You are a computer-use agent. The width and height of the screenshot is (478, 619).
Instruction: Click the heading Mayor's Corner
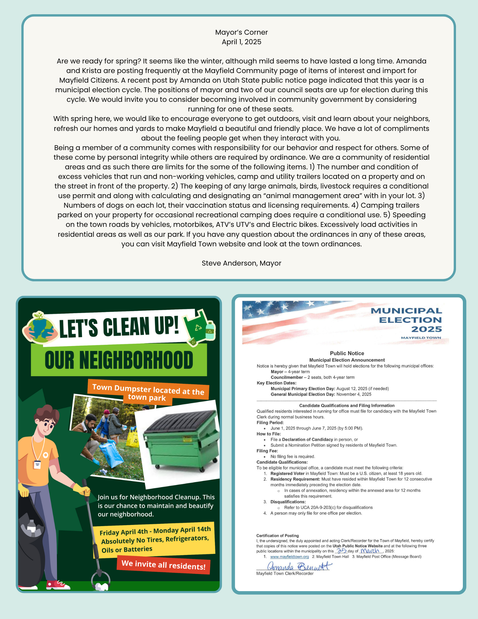click(x=241, y=32)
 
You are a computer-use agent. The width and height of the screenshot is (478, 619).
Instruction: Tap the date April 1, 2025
click(x=241, y=42)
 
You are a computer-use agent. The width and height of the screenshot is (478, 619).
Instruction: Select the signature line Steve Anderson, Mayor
click(x=241, y=263)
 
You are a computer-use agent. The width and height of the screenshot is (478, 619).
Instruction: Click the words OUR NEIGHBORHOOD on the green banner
click(x=119, y=360)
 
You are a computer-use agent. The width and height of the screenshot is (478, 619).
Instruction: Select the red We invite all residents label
click(x=163, y=565)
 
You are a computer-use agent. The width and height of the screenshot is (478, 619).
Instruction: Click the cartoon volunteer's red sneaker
click(x=57, y=584)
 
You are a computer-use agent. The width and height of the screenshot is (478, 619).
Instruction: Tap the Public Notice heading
click(x=347, y=353)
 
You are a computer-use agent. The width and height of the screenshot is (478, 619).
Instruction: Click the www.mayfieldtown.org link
click(x=290, y=557)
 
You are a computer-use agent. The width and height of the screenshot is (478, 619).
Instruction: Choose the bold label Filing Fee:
click(x=267, y=451)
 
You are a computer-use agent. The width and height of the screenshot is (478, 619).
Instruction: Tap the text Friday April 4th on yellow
click(x=124, y=532)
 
